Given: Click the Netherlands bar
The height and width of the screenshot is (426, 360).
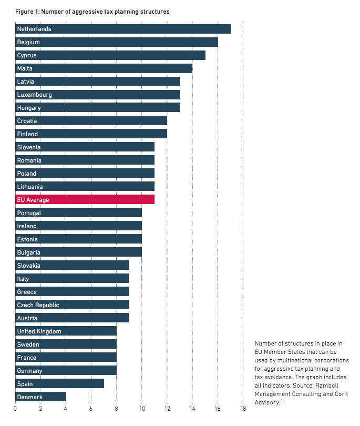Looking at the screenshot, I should tap(123, 29).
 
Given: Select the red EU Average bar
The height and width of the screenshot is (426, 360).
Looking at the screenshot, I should tap(84, 200).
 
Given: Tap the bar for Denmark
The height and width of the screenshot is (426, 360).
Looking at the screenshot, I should tap(40, 397).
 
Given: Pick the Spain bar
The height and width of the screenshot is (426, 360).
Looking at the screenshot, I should tap(59, 384).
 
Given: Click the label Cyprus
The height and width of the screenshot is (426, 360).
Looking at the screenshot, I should tap(26, 55).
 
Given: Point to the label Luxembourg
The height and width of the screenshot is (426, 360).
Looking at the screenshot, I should tap(34, 95).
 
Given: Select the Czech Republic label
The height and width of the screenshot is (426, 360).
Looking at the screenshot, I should tap(38, 305).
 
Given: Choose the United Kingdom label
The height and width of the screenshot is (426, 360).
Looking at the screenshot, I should tap(39, 331).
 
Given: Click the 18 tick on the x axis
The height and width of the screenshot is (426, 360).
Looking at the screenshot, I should tap(243, 409).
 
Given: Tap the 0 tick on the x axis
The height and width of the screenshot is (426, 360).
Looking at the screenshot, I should tap(15, 409).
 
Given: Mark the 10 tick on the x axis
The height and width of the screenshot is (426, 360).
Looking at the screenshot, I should tap(142, 409).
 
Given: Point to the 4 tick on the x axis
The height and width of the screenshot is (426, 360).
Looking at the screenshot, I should tap(66, 409).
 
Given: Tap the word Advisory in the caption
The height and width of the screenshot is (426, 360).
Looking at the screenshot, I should tap(268, 402).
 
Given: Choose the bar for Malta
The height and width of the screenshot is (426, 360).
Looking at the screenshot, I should tap(104, 68).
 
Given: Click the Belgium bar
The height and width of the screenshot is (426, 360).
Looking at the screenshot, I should tap(117, 42).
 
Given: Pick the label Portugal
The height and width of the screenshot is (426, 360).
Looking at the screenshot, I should tap(29, 213).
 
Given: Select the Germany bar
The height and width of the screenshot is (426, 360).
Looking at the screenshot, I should tap(66, 371).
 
